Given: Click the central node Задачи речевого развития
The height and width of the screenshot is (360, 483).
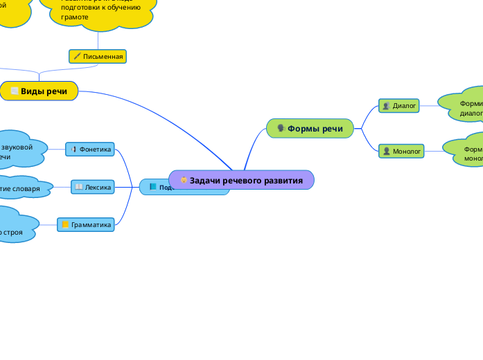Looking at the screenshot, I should (x=241, y=180).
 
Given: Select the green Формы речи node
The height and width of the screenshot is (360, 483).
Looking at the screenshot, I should (x=310, y=128).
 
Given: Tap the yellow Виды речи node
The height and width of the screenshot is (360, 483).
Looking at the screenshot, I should (x=39, y=91).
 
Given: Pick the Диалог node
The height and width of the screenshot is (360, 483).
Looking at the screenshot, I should (x=400, y=106).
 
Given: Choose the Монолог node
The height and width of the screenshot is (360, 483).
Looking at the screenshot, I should (x=401, y=151).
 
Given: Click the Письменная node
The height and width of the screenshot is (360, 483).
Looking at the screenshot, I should (x=98, y=56).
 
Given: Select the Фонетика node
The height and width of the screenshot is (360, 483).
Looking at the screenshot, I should (x=90, y=149).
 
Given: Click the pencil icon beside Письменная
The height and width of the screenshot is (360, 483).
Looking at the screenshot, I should (x=77, y=56).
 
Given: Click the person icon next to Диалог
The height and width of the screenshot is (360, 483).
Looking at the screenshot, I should (x=386, y=106).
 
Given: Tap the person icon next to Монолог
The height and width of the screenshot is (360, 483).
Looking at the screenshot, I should (x=386, y=151).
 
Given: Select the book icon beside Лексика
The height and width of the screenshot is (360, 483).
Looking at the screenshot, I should (x=79, y=186).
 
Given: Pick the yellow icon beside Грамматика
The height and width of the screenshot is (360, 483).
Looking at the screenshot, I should (x=65, y=224).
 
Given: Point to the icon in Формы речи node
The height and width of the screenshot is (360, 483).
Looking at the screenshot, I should (x=281, y=128).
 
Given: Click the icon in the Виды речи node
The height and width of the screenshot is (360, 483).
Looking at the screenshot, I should (x=15, y=91).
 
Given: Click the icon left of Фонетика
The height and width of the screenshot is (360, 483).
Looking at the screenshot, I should (x=73, y=149).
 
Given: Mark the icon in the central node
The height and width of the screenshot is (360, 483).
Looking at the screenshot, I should (x=184, y=180).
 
